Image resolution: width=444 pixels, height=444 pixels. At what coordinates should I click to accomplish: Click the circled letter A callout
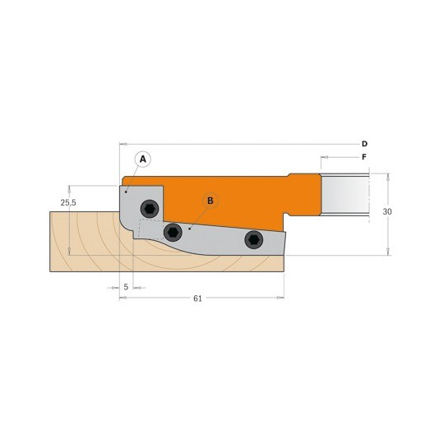click(x=143, y=160)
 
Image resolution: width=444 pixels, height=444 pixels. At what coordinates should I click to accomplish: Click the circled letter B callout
click(x=210, y=201)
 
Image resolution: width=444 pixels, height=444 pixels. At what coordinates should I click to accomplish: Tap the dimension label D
click(x=364, y=144)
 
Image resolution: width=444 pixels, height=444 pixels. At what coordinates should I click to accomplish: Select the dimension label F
click(x=364, y=157)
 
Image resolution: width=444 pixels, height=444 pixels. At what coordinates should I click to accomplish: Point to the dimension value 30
click(x=387, y=211)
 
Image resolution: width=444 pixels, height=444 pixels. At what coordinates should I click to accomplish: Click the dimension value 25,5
click(x=68, y=202)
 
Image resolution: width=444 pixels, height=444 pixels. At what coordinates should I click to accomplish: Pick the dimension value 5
click(x=126, y=287)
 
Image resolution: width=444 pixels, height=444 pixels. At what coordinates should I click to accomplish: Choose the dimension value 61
click(x=197, y=298)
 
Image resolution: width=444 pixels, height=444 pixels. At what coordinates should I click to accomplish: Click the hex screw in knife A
click(x=150, y=209)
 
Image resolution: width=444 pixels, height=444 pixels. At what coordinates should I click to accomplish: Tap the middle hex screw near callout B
click(x=173, y=232)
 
